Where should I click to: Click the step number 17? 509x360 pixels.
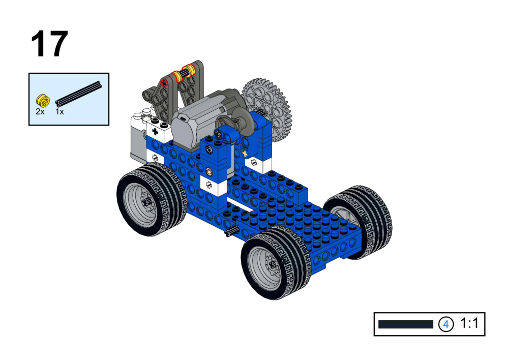49,44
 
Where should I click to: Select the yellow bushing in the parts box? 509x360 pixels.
43,100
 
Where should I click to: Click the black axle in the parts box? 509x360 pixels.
78,94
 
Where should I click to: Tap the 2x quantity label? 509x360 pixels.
40,112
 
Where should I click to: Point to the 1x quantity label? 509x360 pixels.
59,112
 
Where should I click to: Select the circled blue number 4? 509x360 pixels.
446,324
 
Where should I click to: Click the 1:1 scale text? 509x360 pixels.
469,323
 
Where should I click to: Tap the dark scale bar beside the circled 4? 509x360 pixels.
405,324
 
